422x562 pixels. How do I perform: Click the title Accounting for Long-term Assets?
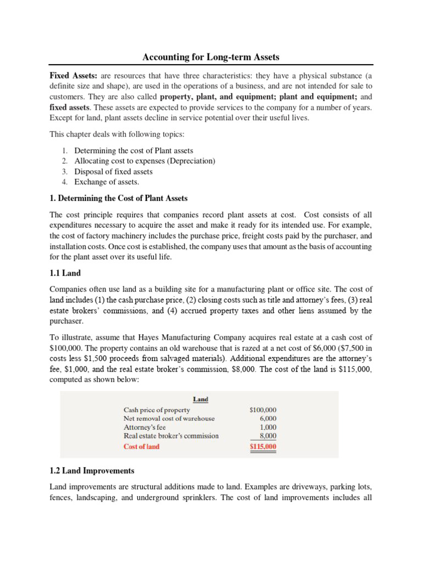210,57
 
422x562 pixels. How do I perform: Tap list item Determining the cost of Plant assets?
134,150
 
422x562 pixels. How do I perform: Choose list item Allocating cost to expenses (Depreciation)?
145,161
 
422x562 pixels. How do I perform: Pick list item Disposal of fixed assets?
113,171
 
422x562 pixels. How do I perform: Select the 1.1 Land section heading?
65,272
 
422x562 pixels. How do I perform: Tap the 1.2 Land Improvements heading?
92,471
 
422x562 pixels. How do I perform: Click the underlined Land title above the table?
201,399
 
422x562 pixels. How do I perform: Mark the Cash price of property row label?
157,409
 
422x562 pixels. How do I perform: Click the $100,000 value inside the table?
263,409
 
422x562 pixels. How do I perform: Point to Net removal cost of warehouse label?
169,418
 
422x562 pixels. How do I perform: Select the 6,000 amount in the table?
268,418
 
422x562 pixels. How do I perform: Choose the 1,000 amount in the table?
268,427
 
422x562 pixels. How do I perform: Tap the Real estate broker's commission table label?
171,436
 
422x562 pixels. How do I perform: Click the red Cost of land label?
141,447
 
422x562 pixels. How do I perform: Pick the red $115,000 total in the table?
263,447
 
